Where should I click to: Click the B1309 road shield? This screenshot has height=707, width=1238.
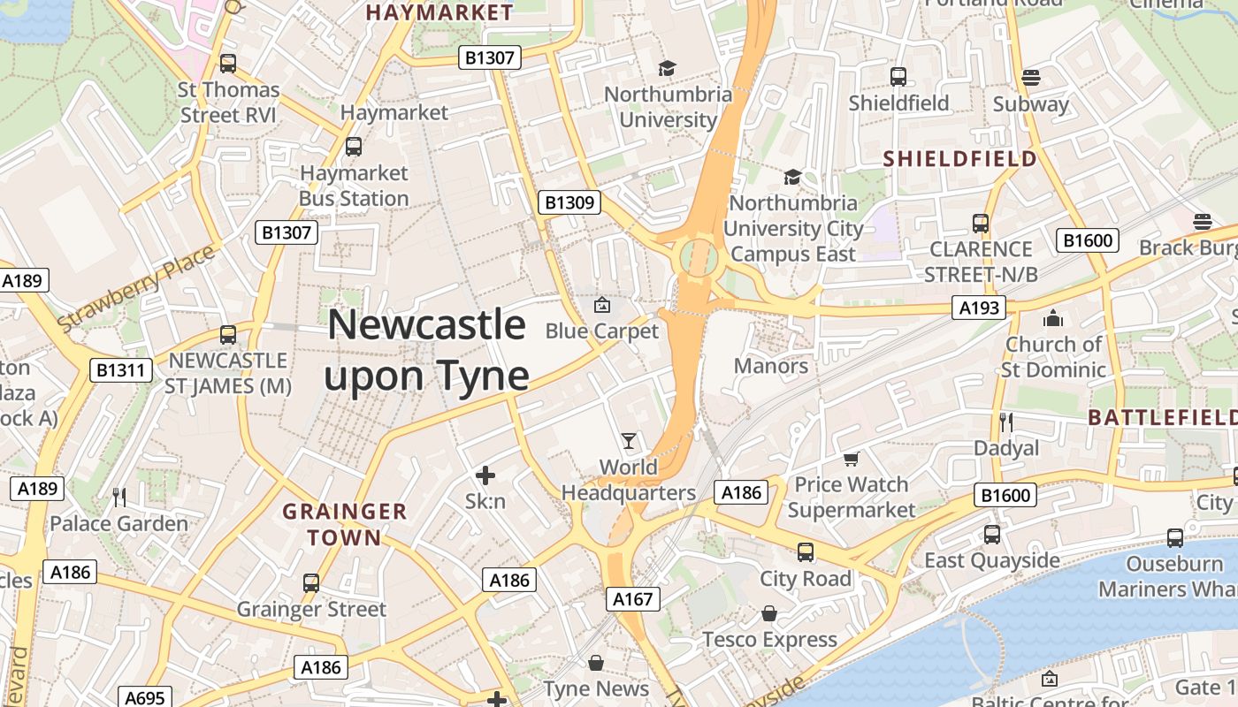[x=569, y=202]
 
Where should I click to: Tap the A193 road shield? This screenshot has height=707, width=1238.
[x=980, y=308]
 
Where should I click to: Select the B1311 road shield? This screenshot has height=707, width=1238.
[x=120, y=370]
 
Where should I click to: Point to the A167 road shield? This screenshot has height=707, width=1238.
[x=634, y=599]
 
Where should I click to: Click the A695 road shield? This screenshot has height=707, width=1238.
[x=144, y=698]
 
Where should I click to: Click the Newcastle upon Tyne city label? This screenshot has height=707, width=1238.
[x=427, y=350]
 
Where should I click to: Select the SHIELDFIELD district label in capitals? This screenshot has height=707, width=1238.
[x=960, y=159]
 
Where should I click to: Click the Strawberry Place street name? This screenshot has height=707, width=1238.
[x=136, y=289]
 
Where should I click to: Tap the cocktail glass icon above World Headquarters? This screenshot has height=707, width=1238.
[x=629, y=440]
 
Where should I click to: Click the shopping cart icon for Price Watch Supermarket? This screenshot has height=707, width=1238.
[x=851, y=458]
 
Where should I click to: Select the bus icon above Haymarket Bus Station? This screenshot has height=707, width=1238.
[x=354, y=146]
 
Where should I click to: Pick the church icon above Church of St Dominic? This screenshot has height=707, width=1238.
[x=1053, y=318]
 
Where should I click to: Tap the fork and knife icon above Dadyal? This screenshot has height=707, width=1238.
[x=1005, y=422]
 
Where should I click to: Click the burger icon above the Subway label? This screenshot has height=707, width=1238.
[x=1030, y=78]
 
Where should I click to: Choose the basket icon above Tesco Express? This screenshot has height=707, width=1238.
[x=769, y=613]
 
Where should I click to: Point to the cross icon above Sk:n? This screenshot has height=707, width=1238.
[x=485, y=475]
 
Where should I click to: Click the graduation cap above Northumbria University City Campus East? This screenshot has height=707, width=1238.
[x=792, y=177]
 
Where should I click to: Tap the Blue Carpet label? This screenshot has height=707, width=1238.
[x=602, y=331]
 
